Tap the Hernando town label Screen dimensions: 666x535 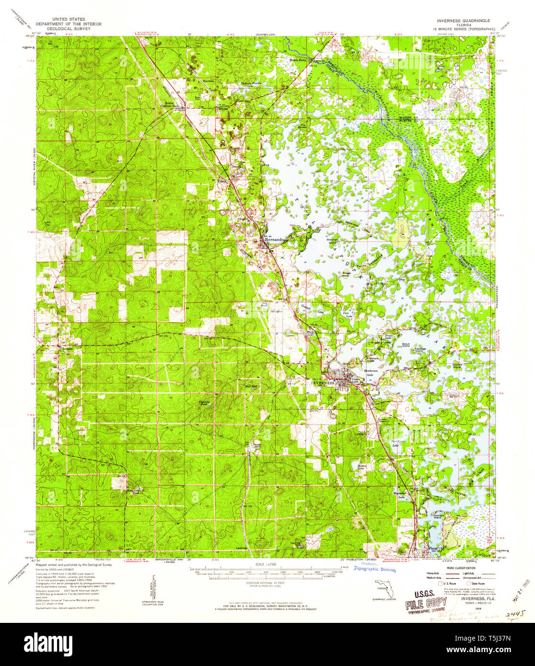[274, 239]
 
